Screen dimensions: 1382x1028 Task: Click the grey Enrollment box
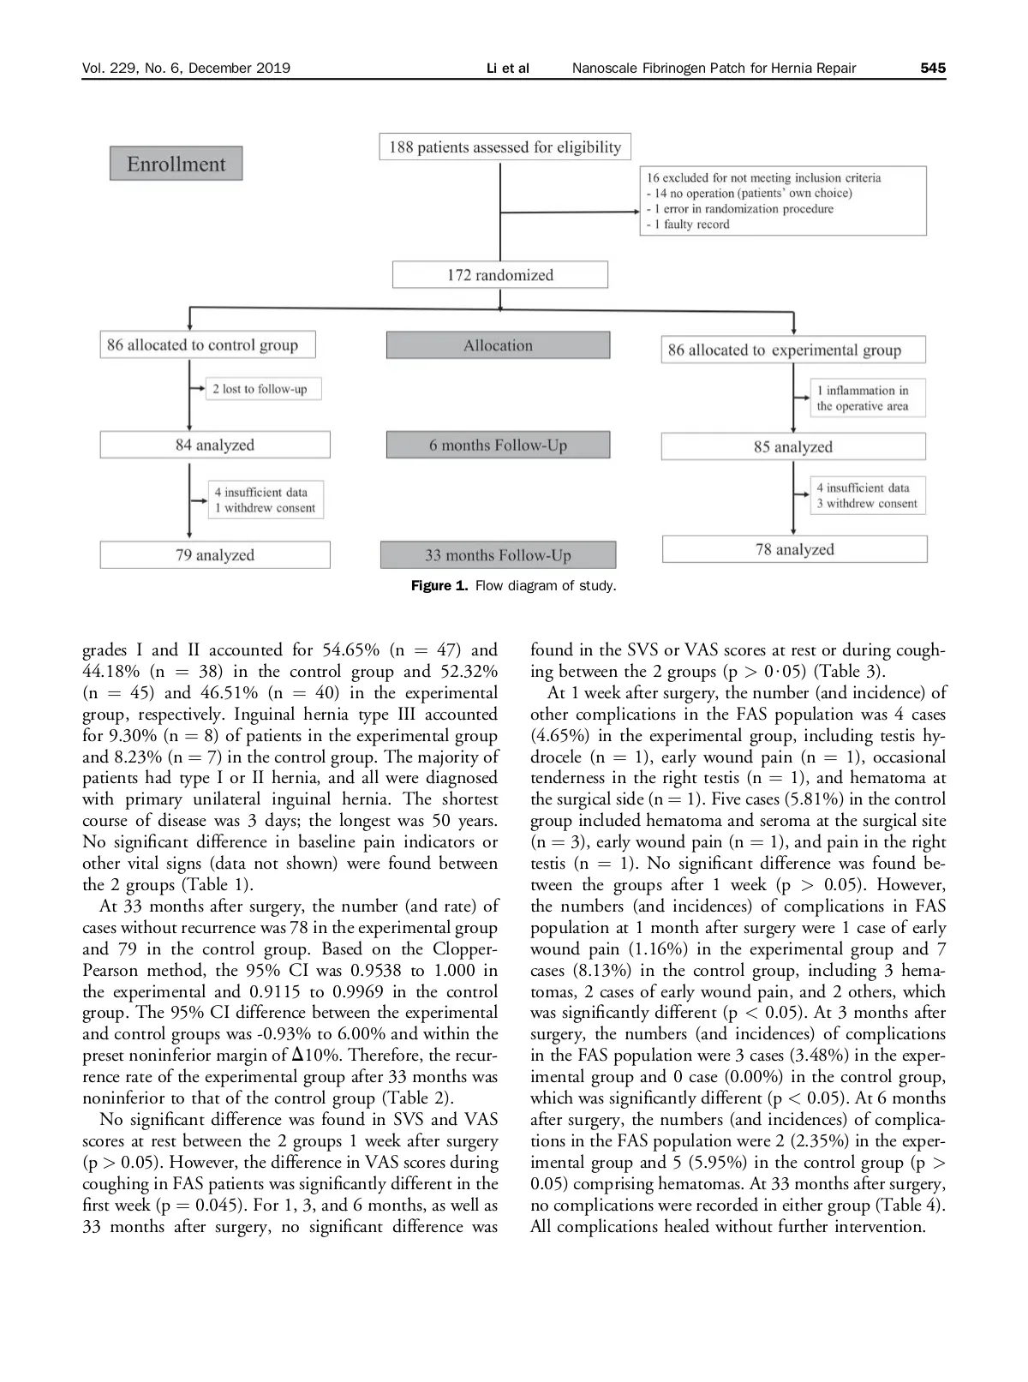(176, 164)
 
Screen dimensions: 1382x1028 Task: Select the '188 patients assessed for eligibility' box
(505, 147)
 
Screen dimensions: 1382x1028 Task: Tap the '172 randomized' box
(500, 275)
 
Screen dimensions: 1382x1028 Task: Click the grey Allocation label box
(498, 345)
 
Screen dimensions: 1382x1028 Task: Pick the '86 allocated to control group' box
(206, 345)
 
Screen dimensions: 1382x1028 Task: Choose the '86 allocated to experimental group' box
(792, 350)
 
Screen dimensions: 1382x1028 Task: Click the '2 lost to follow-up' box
(262, 389)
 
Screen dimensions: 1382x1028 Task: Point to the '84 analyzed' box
(214, 446)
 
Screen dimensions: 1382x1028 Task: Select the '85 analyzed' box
(792, 447)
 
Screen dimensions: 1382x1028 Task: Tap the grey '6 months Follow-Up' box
(498, 446)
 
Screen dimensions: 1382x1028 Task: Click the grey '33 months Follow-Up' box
(498, 555)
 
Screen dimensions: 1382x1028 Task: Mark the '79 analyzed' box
(214, 555)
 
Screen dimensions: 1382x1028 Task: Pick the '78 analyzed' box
(794, 550)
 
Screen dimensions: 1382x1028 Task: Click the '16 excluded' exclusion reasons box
(782, 201)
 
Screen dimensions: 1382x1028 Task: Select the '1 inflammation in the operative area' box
(867, 398)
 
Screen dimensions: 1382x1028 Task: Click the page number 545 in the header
(933, 69)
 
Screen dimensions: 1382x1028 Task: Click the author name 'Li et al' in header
(507, 69)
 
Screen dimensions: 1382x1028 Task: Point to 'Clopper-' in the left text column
(464, 949)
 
